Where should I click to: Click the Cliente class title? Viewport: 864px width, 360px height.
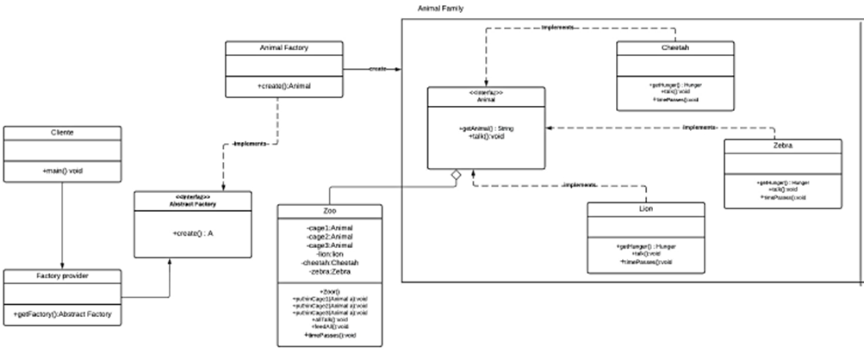61,133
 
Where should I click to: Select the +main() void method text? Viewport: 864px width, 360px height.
61,171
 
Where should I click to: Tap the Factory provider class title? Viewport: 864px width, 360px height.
61,276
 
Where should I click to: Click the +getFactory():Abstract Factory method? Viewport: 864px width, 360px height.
62,315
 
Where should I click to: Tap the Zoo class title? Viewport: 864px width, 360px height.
330,212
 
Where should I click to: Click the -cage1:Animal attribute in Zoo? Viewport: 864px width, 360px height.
330,227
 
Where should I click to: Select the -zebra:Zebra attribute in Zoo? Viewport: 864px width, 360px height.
330,270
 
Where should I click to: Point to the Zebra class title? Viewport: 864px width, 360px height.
782,146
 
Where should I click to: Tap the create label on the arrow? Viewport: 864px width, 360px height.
376,68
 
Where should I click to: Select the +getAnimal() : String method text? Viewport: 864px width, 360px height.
487,128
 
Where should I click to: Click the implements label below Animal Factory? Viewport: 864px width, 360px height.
252,144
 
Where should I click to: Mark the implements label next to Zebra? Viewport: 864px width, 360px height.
700,127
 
